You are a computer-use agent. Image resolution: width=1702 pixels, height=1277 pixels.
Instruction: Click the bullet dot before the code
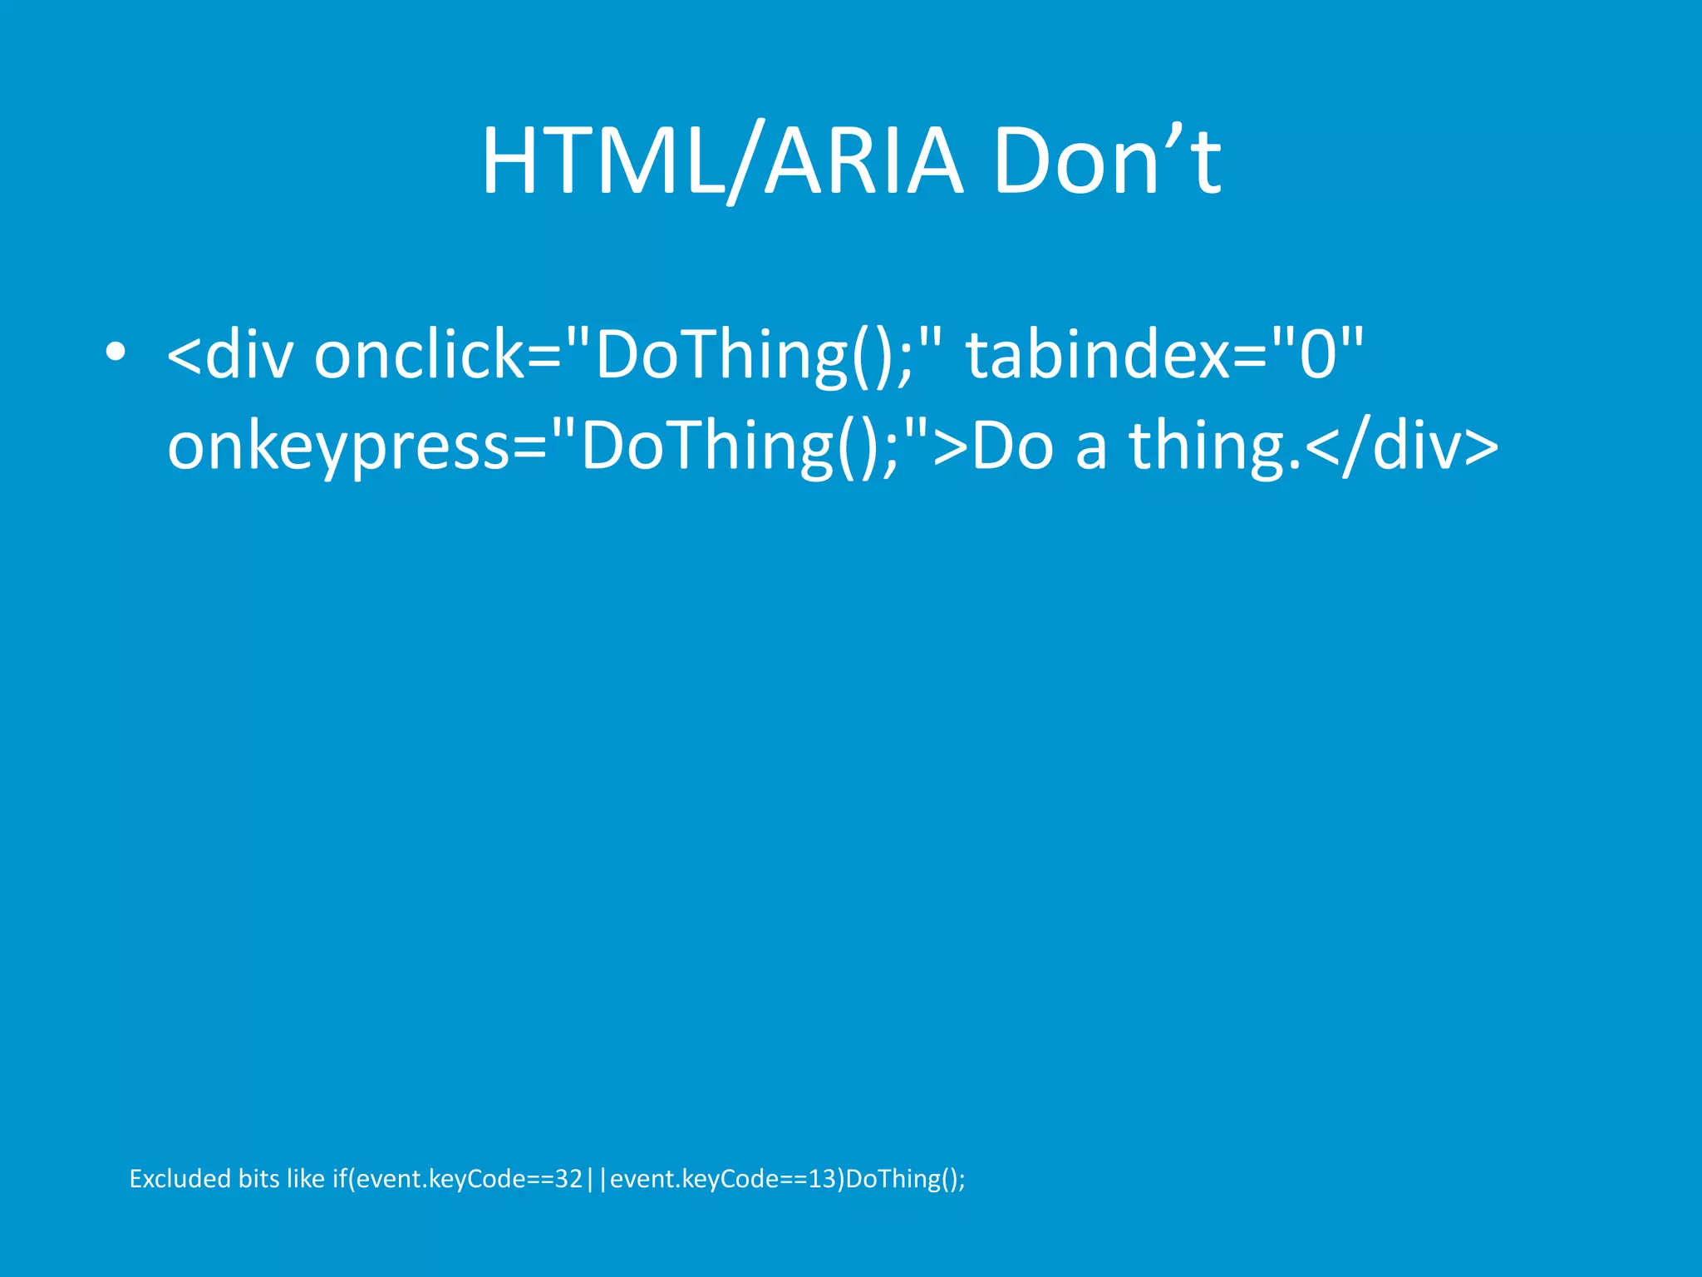(116, 353)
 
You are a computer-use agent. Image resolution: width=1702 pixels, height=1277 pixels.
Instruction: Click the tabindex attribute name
(1097, 355)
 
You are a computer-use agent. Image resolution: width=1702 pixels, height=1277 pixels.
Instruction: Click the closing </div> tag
(1402, 446)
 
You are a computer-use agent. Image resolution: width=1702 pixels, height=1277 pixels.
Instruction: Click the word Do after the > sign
(1013, 446)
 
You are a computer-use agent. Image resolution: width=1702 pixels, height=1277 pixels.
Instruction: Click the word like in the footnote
(305, 1179)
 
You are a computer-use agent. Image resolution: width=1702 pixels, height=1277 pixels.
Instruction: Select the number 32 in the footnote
(568, 1179)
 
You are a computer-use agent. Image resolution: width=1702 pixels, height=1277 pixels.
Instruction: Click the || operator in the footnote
(596, 1179)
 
